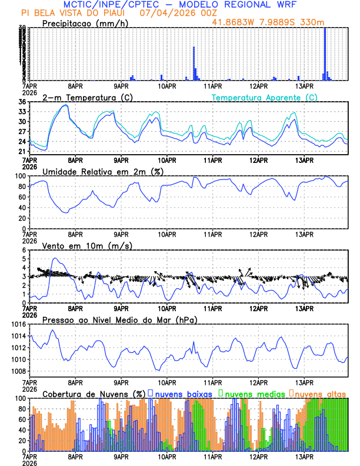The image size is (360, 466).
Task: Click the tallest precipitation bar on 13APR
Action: click(x=325, y=53)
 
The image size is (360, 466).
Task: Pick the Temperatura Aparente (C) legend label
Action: click(x=265, y=97)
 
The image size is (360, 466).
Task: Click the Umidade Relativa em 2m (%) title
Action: click(x=101, y=171)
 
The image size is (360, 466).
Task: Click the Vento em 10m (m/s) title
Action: click(x=87, y=245)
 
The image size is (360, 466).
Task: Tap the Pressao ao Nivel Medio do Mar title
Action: click(x=120, y=319)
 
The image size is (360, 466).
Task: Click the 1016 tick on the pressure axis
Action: click(x=17, y=324)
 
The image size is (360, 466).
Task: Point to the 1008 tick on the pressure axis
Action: click(x=17, y=371)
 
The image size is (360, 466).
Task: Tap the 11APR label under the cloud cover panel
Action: click(x=213, y=455)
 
